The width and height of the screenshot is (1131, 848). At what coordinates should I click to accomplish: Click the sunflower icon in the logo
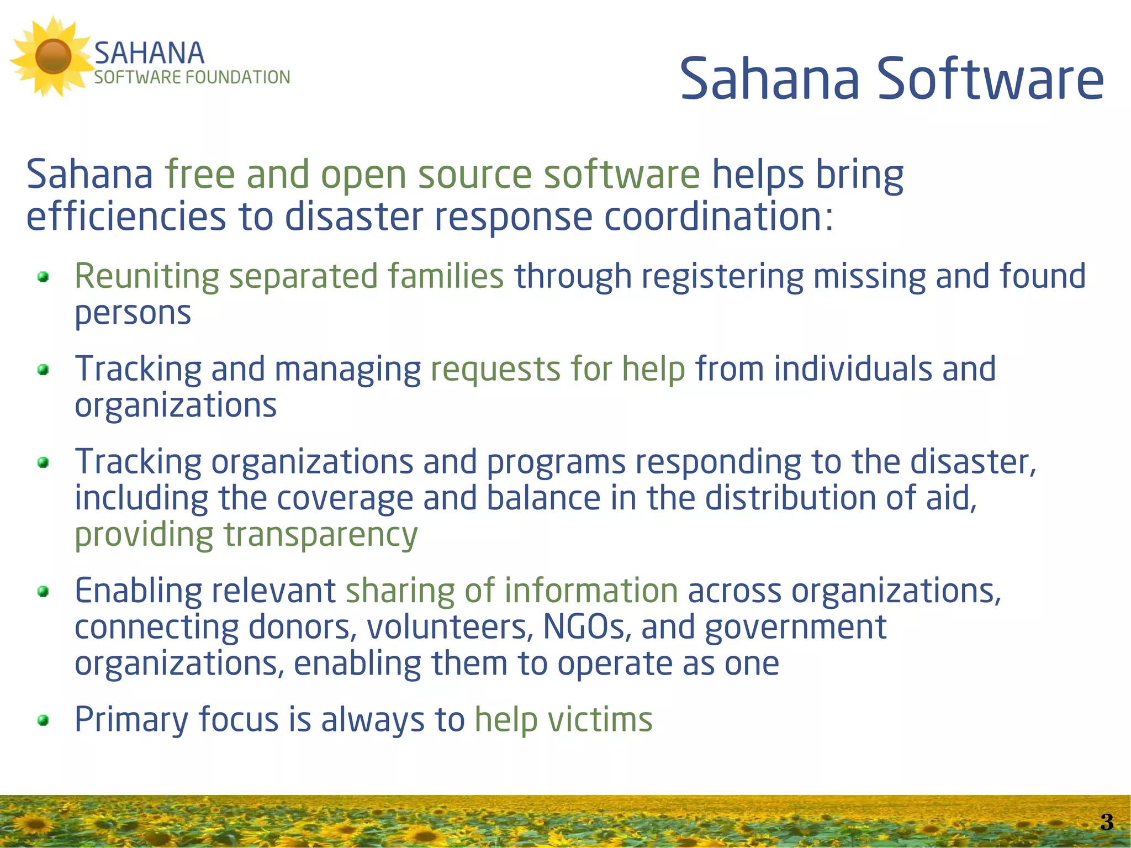(x=52, y=56)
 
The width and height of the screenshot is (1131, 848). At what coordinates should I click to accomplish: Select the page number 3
(x=1106, y=822)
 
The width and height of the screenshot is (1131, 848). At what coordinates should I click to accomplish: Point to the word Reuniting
(x=147, y=276)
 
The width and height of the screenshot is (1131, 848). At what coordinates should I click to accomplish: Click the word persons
(x=133, y=314)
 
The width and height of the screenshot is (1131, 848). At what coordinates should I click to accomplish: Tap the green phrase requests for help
(x=558, y=369)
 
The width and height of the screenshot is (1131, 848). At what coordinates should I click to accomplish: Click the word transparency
(x=320, y=536)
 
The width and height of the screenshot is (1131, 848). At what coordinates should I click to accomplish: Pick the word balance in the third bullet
(x=543, y=498)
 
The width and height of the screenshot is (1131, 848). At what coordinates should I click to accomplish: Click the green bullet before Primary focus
(x=43, y=720)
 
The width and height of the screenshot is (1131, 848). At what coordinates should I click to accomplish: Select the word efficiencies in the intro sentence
(x=126, y=217)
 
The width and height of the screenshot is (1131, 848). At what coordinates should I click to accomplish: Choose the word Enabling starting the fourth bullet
(x=138, y=591)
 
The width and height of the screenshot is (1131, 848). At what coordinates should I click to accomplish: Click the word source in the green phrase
(x=475, y=176)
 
